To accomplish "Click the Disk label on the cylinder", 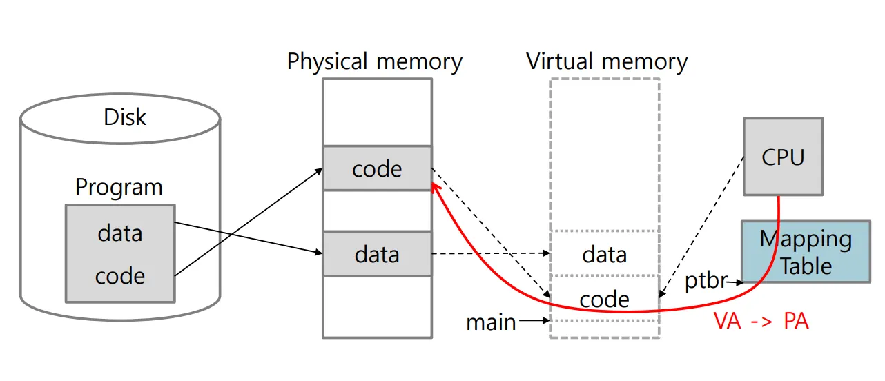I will pos(125,117).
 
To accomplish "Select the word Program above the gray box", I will pos(119,187).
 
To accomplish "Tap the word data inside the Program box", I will pos(119,233).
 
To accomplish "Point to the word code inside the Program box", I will pos(119,275).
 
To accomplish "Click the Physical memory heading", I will pos(374,61).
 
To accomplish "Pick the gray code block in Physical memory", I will pos(377,168).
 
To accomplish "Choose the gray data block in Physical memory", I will pos(377,254).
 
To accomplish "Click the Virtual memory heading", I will pos(607,61).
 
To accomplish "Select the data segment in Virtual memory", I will pos(605,254).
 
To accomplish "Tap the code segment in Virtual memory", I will pos(605,299).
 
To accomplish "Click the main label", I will pos(491,322).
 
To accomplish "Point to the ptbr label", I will pos(706,281).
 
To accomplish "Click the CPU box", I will pos(783,157).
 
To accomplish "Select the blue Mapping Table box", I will pos(806,252).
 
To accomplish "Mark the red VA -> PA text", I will pos(760,322).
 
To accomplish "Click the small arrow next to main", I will pos(534,320).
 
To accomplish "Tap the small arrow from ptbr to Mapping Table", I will pos(735,282).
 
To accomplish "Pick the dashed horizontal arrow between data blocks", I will pos(490,254).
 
